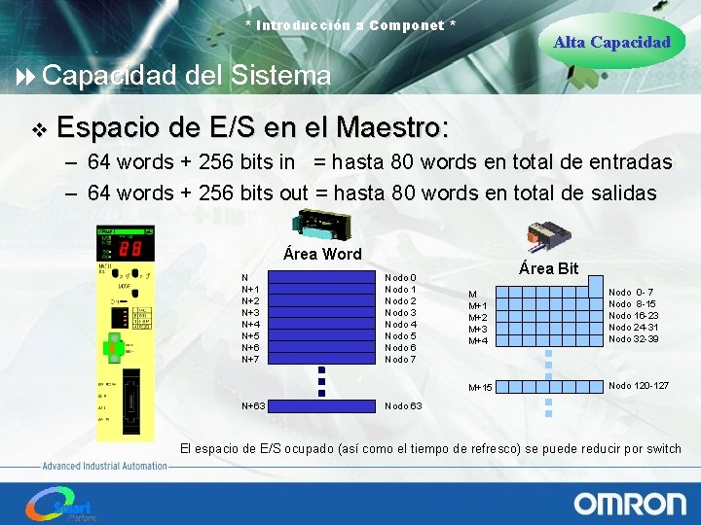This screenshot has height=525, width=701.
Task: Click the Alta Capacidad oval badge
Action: (x=611, y=42)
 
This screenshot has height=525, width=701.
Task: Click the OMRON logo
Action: (x=629, y=503)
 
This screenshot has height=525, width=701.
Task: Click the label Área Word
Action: (x=321, y=254)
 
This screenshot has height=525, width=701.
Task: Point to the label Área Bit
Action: (x=548, y=268)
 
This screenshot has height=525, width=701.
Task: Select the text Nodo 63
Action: (x=403, y=405)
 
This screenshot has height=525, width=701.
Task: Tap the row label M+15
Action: (x=480, y=388)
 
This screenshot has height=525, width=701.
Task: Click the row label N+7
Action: (x=250, y=360)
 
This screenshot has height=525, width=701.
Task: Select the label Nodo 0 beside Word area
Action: (x=400, y=278)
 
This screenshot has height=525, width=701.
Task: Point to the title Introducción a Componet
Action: (x=350, y=24)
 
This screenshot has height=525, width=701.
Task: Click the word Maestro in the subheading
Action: (x=390, y=126)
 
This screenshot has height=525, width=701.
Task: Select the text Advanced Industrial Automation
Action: (x=104, y=466)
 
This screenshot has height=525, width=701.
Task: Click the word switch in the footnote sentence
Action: (x=664, y=448)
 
